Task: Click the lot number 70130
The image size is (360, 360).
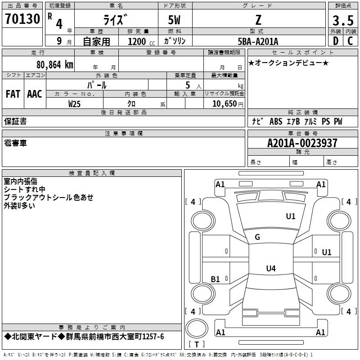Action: coord(23,19)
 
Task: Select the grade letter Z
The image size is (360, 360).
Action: coord(258,20)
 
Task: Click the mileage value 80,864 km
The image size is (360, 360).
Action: coord(54,64)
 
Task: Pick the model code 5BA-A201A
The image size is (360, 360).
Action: coord(258,41)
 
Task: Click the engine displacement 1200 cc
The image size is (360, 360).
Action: coord(140,41)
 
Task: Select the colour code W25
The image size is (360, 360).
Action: coord(75,103)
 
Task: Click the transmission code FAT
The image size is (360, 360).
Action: coord(13,94)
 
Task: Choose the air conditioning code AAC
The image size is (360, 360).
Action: coord(35,94)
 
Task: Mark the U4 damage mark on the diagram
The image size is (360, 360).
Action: coord(270,269)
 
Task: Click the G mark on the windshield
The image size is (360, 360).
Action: coord(257,237)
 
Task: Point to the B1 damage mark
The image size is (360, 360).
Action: coord(216,279)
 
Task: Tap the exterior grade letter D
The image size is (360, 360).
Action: coord(335,41)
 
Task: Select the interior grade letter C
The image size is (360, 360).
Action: coord(350,41)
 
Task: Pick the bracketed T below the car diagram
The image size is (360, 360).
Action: coord(196,345)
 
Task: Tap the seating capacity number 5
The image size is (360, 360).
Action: coord(187,85)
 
